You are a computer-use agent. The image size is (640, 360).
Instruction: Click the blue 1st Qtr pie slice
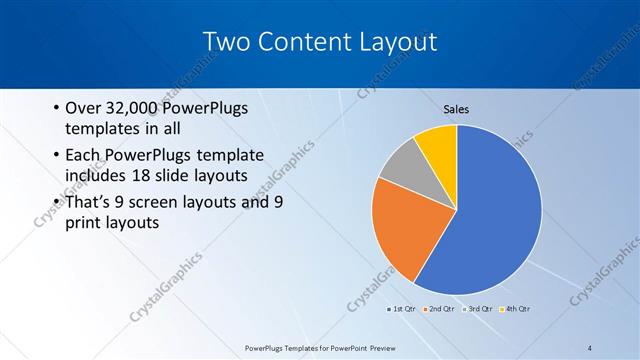[x=490, y=210]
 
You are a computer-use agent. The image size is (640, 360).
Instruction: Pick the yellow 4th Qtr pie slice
[x=438, y=145]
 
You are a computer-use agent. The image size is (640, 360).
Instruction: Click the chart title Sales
[x=456, y=109]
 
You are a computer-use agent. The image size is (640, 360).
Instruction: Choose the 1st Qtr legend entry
[x=402, y=308]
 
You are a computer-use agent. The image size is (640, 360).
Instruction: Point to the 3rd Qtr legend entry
[x=478, y=308]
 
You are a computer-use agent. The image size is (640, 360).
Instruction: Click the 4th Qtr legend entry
[x=516, y=308]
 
